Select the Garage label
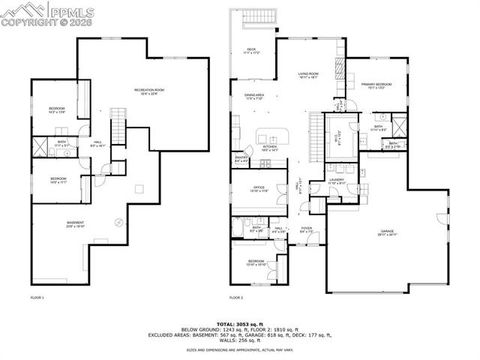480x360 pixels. click(x=387, y=232)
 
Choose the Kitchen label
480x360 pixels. click(x=269, y=147)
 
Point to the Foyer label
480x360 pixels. click(x=303, y=231)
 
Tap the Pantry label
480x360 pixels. click(x=241, y=158)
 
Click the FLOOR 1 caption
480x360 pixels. click(x=38, y=298)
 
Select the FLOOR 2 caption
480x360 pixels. click(x=237, y=298)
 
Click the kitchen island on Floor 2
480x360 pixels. click(x=272, y=134)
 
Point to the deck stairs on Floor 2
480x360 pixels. click(x=265, y=19)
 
